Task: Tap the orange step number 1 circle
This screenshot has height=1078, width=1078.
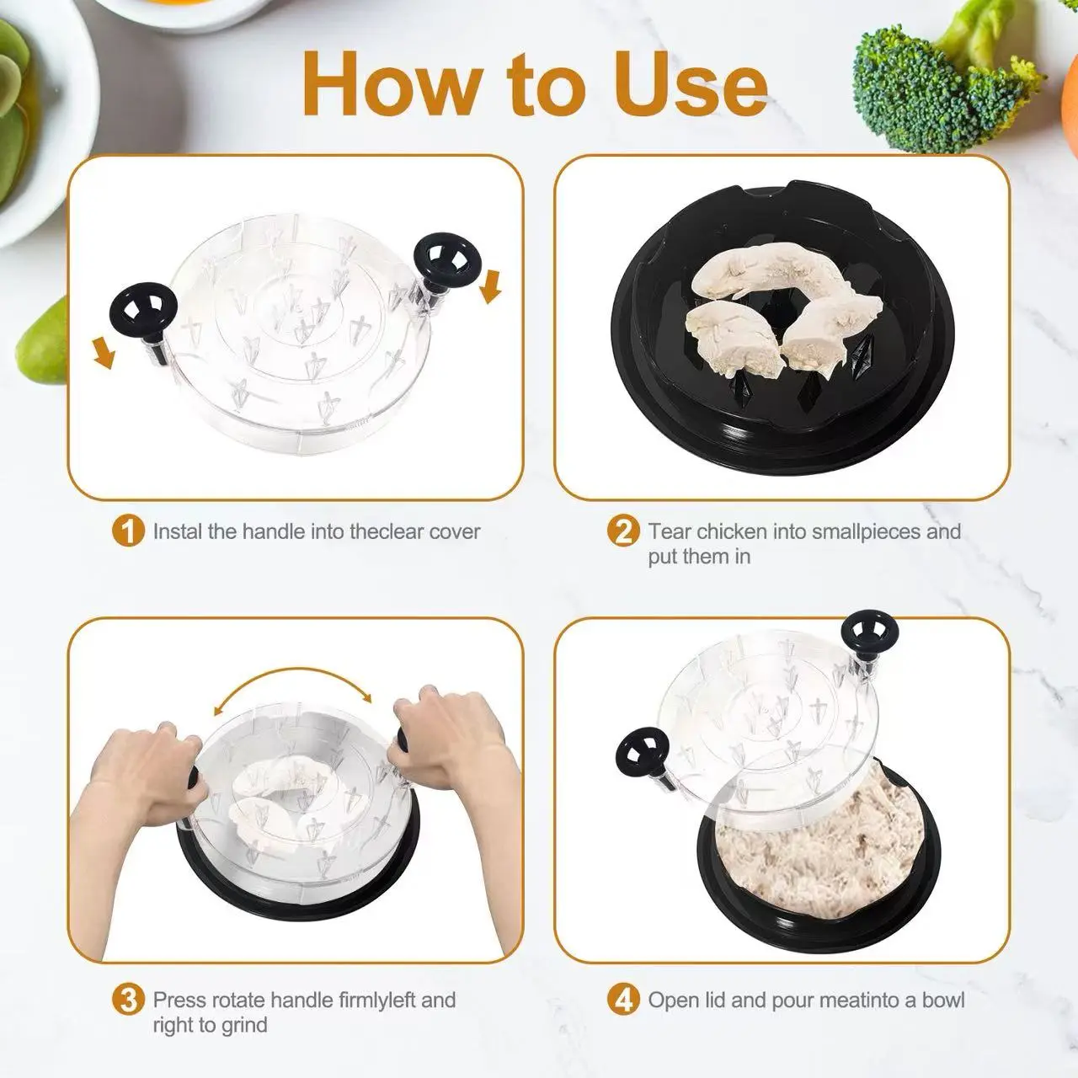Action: [x=128, y=531]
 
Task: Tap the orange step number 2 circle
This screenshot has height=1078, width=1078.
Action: [x=623, y=531]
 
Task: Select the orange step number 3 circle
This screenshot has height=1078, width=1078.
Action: [x=128, y=1000]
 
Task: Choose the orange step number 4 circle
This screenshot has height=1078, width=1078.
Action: [x=623, y=1000]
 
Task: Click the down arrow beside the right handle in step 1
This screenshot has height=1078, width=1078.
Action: [x=491, y=286]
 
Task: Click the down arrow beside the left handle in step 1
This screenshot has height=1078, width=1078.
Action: [x=104, y=352]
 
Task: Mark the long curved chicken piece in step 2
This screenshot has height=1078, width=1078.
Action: [x=772, y=277]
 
